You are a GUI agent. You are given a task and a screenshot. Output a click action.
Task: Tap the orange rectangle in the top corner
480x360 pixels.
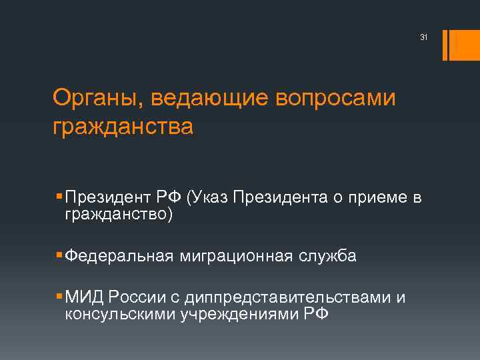click(461, 45)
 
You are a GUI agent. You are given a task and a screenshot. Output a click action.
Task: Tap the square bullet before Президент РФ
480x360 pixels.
click(60, 197)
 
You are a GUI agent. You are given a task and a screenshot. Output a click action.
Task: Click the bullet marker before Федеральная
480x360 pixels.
click(60, 255)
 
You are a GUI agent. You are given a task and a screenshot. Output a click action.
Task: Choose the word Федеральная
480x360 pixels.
click(119, 256)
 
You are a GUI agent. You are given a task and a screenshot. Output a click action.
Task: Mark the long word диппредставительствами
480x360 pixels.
click(282, 298)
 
